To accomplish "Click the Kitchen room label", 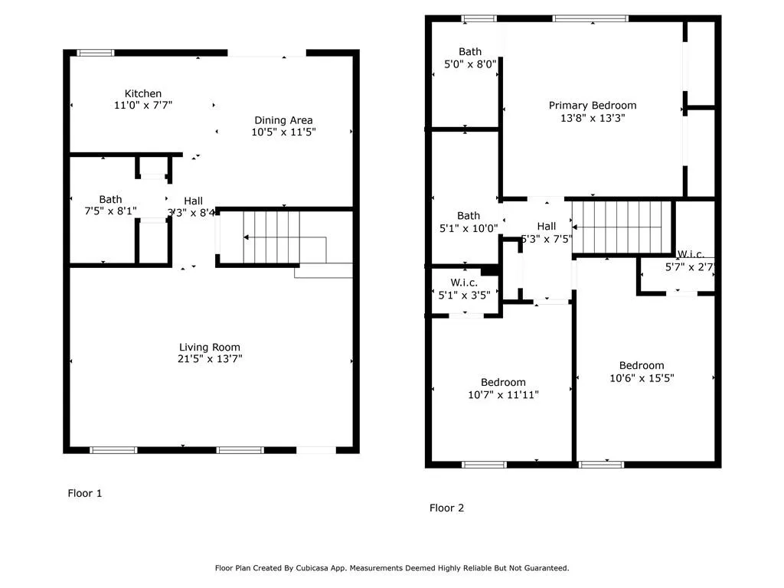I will [143, 94].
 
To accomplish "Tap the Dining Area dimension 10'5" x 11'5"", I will [283, 132].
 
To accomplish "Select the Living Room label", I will [210, 347].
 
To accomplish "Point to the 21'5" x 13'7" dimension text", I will [210, 358].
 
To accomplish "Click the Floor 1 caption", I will [85, 493].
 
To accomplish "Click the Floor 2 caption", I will [446, 508].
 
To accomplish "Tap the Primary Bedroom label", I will [592, 106].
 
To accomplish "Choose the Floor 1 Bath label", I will [110, 200].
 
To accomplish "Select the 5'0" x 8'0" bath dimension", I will [470, 64].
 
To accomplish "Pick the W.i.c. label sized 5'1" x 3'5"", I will [464, 283].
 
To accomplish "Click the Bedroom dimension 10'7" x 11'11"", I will [503, 394].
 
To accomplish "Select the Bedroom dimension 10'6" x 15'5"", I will [642, 377].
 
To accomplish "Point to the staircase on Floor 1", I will [273, 238].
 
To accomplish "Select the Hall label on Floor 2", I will [547, 226].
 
